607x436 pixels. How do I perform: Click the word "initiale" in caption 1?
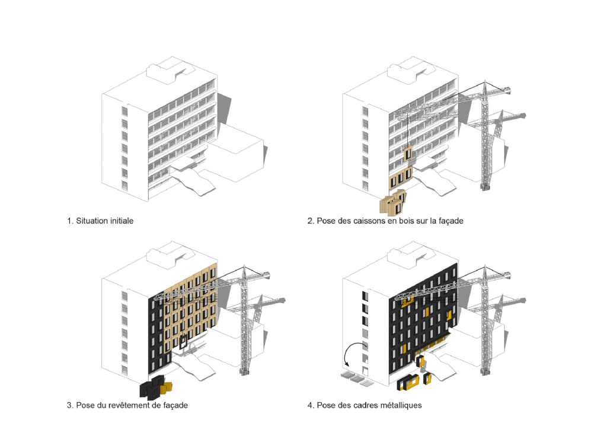tap(120, 221)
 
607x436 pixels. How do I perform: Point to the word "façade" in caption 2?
tap(449, 221)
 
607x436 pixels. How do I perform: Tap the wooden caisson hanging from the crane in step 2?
tap(409, 154)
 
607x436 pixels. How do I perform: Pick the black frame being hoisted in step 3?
tap(184, 342)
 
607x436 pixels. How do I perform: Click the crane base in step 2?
tap(485, 185)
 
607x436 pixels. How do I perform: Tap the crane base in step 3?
tap(244, 371)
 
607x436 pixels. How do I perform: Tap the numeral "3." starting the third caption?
tap(71, 406)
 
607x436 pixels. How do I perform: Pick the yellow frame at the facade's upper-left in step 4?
tap(407, 303)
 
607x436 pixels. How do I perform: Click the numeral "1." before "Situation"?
tap(71, 221)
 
